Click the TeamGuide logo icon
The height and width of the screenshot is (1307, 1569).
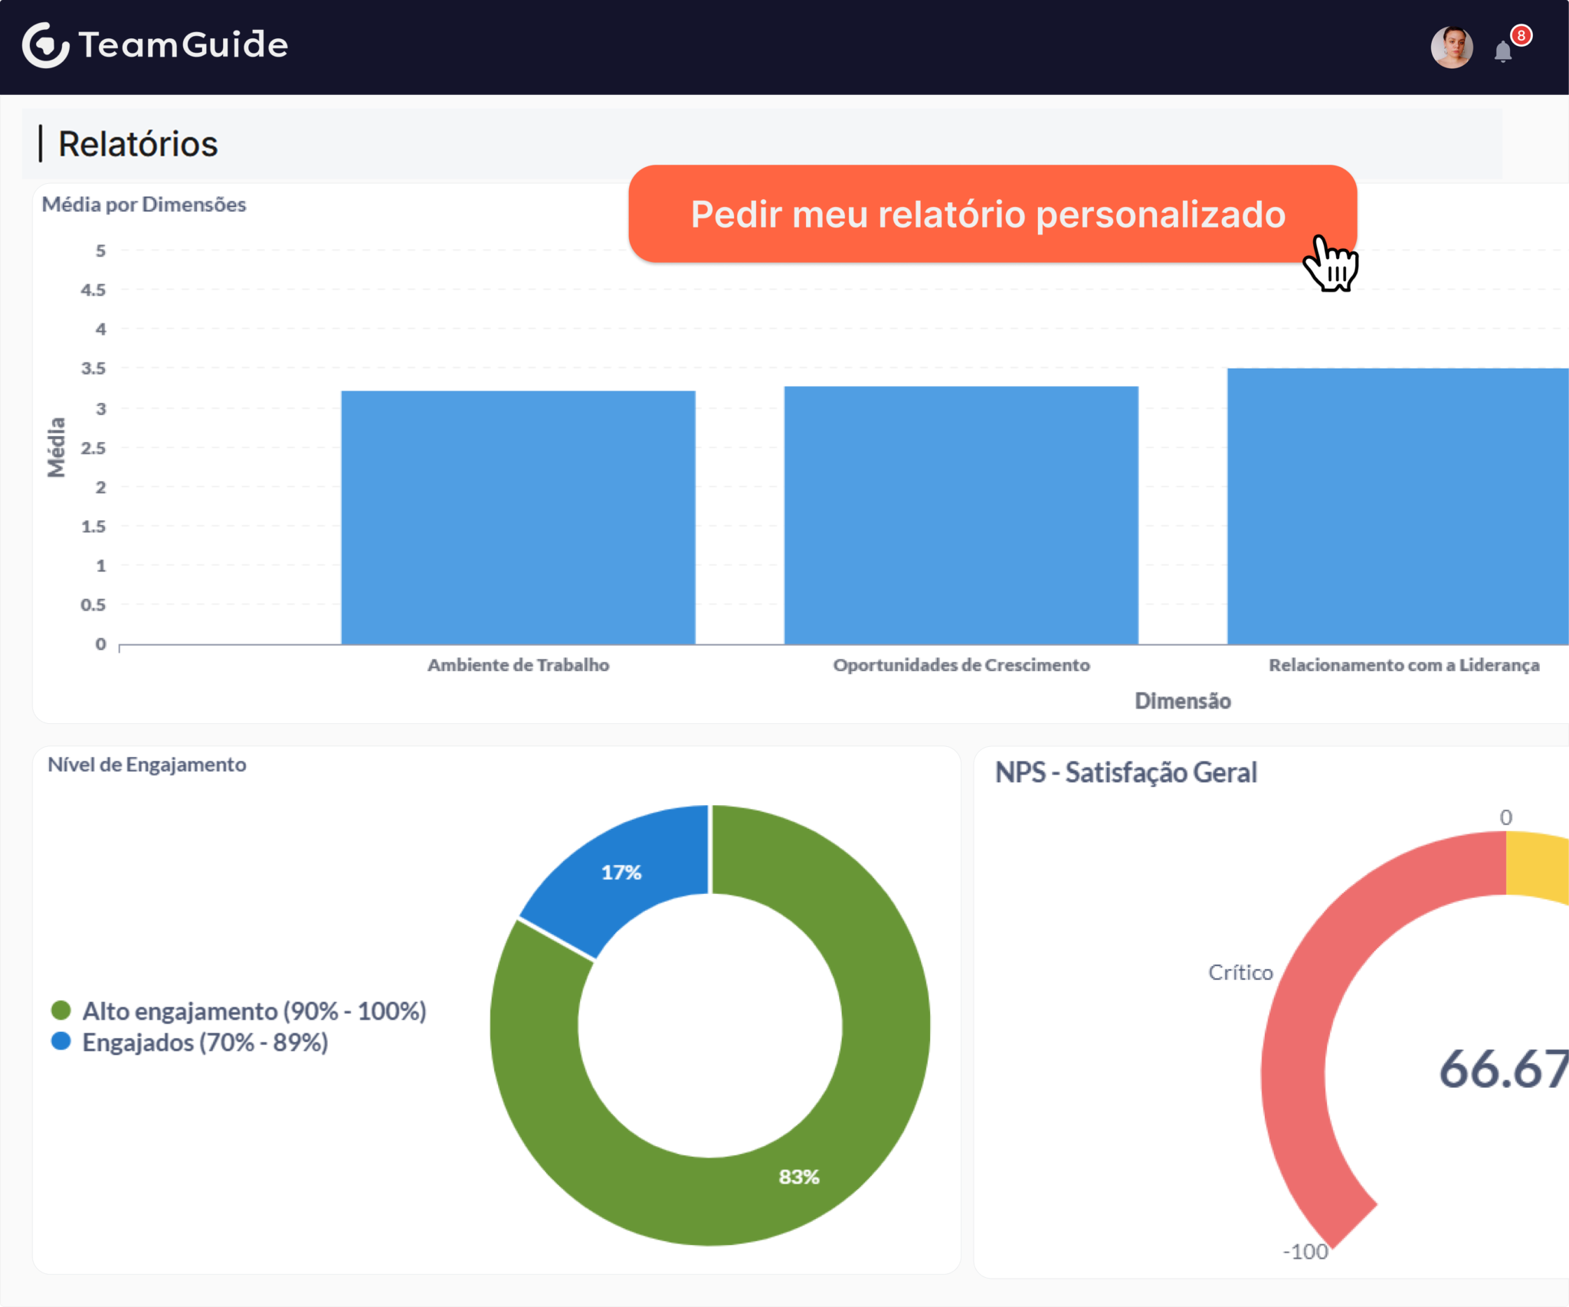click(x=45, y=45)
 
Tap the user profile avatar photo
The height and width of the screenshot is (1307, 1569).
click(x=1452, y=47)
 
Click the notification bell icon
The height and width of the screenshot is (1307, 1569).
click(x=1503, y=51)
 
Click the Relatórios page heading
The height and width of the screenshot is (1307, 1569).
click(x=138, y=144)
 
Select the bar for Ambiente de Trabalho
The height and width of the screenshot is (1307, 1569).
click(x=518, y=517)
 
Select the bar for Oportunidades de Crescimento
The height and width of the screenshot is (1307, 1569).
click(x=961, y=515)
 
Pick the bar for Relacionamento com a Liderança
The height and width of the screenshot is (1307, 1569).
click(x=1398, y=506)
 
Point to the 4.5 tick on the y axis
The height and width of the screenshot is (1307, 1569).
click(x=93, y=290)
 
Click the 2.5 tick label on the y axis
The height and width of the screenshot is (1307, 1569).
click(x=93, y=447)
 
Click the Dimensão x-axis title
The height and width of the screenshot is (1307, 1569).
click(x=1182, y=701)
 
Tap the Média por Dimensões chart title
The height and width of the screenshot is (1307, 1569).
click(x=144, y=205)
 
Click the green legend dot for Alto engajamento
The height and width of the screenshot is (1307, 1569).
click(x=61, y=1011)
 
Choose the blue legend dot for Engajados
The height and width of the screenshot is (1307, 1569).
click(x=61, y=1041)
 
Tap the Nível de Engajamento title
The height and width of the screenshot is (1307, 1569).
click(x=147, y=765)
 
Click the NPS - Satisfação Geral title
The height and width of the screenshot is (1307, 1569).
click(x=1125, y=772)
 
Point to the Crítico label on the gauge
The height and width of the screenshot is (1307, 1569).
click(x=1240, y=972)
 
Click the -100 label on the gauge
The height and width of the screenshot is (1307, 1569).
click(x=1305, y=1251)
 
